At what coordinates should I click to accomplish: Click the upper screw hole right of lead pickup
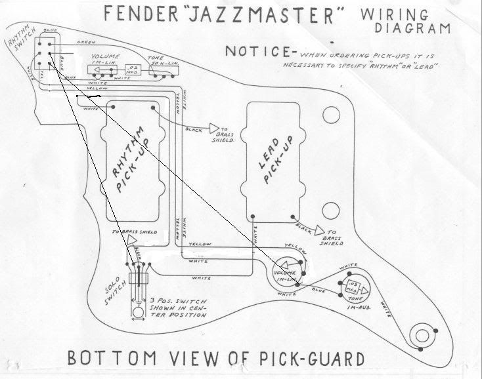click(332, 116)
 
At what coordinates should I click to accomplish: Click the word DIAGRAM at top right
click(413, 28)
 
